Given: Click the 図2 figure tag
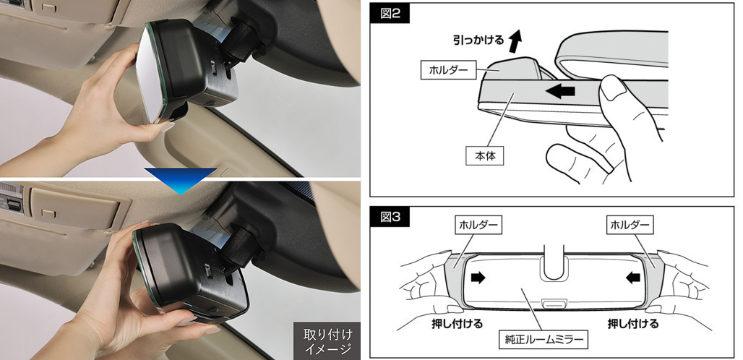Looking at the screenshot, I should point(390,15).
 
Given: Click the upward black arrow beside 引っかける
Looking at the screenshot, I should point(514,41).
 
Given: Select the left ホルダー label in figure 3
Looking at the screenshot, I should point(477,226).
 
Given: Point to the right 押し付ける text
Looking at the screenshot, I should point(633,322).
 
